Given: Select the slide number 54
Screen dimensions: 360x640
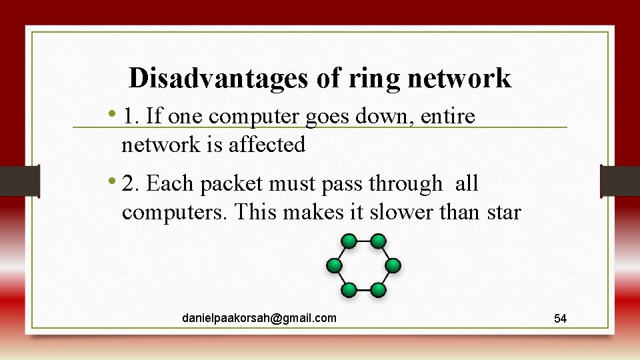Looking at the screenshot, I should tap(561, 319).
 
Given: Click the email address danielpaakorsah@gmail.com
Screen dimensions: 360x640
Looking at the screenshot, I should tap(259, 318).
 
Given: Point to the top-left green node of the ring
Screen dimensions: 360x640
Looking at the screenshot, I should tap(349, 241).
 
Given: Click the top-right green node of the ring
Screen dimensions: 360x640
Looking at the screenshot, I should tap(378, 241).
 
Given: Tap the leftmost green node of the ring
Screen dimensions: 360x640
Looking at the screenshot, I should tap(333, 265).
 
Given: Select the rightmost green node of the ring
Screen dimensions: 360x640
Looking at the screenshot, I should tap(393, 265).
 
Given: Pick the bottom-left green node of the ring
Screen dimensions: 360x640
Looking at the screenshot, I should tap(349, 290).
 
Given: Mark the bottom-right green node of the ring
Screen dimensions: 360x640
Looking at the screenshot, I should tap(378, 290).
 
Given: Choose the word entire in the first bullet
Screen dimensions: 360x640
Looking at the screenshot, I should tap(448, 117).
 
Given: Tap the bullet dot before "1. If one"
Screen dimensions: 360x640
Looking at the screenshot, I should tap(115, 115).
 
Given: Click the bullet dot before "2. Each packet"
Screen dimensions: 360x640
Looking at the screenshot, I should tap(115, 181).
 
